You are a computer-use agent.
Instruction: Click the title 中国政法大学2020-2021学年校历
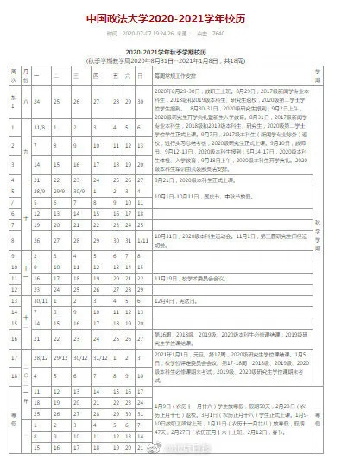click(179, 16)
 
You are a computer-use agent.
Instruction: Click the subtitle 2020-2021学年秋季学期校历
click(180, 54)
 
